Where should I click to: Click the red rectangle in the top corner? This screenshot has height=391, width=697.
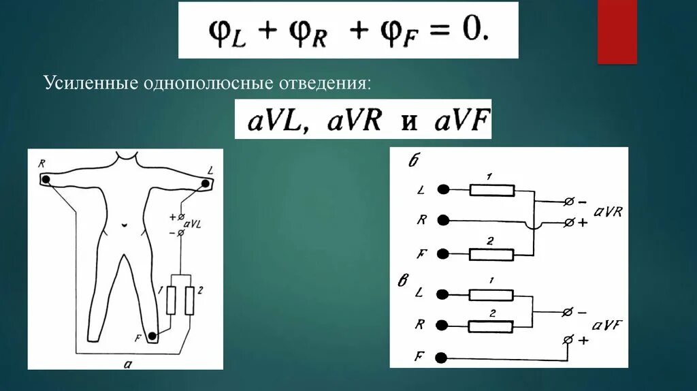(x=617, y=31)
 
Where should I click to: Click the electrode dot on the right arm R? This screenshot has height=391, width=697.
(x=46, y=180)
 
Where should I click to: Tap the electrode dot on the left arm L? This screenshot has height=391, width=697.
(x=206, y=182)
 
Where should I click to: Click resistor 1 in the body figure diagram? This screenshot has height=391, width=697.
(x=171, y=299)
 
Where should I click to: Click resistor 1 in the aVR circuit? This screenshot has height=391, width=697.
(x=491, y=190)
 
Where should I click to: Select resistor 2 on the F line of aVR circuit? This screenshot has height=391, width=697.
(x=491, y=254)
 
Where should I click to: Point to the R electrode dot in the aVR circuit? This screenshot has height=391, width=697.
(x=443, y=220)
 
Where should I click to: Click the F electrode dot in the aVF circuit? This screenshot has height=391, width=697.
(x=443, y=358)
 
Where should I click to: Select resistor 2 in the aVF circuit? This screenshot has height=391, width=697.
(x=491, y=326)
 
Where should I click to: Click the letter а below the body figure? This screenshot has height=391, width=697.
(x=127, y=364)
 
